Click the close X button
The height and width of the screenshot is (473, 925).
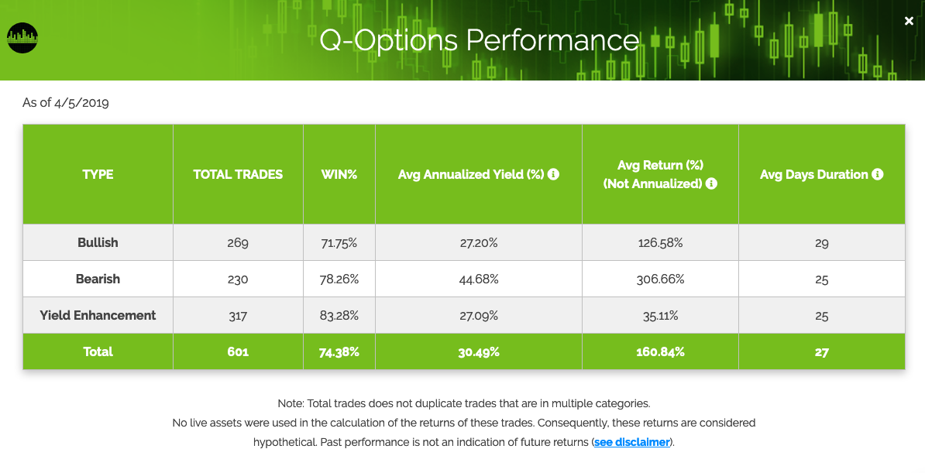909,21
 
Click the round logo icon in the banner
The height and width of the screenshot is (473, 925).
22,38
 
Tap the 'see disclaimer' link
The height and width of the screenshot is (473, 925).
632,442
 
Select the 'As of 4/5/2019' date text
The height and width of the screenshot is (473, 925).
66,103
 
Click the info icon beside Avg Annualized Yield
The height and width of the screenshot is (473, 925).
553,174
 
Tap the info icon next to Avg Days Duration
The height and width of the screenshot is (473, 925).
878,174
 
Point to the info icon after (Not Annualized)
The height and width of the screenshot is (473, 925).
711,183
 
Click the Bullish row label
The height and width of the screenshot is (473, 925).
98,242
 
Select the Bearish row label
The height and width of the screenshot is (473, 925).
98,279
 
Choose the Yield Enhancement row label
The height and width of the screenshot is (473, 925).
98,316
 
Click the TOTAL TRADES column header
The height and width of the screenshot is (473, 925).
239,175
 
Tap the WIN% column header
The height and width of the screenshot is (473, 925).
339,175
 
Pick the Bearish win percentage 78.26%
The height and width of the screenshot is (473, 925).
339,279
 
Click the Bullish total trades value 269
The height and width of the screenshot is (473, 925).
238,243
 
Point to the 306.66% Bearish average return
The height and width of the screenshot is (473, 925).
660,279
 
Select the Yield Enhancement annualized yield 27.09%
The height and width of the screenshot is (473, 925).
479,316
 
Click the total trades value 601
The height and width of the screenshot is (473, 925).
238,352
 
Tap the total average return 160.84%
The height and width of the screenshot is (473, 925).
660,352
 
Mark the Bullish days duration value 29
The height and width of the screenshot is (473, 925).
822,243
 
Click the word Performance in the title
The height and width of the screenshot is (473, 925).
553,41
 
